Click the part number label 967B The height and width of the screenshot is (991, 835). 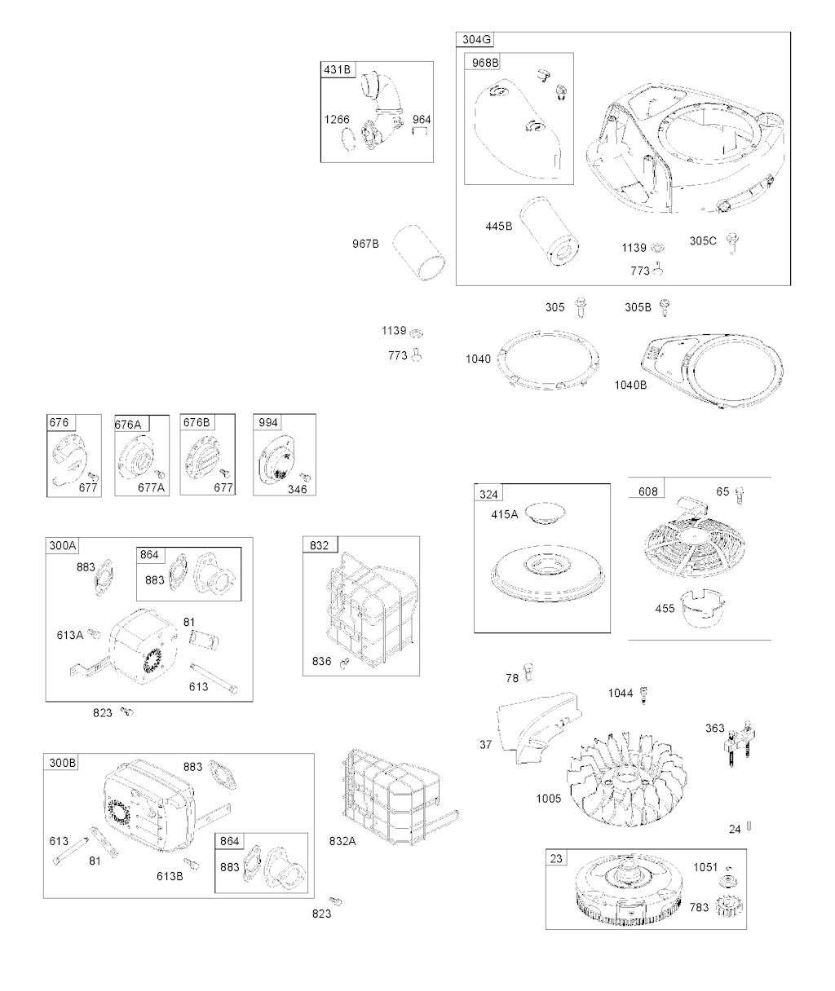tap(365, 243)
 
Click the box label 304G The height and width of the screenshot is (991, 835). tap(477, 40)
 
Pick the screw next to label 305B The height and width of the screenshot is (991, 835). tap(674, 307)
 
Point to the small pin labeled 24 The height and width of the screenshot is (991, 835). tap(749, 828)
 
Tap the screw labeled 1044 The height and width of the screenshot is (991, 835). tap(646, 694)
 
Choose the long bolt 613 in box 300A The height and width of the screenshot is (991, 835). tap(214, 673)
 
